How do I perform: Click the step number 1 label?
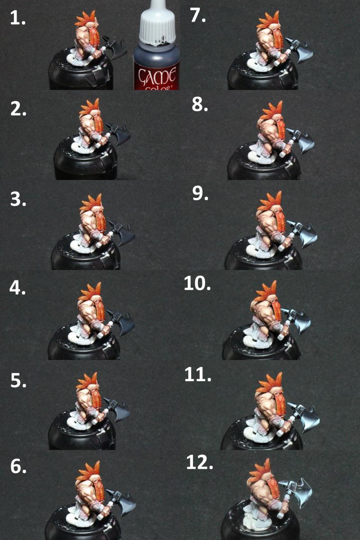tap(18, 18)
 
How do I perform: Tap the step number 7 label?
tap(198, 16)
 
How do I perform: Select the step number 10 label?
tap(197, 283)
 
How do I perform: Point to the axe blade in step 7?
tap(304, 52)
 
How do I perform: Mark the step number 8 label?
tap(200, 105)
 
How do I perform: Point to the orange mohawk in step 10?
tap(266, 291)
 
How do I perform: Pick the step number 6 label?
tap(18, 466)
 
